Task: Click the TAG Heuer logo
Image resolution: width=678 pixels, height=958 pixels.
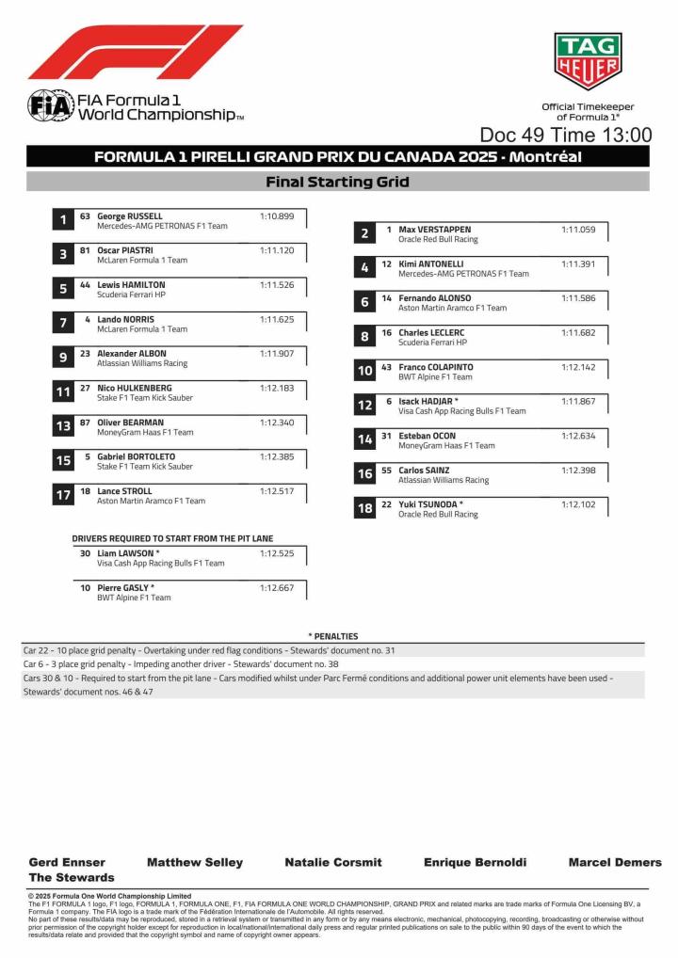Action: (588, 61)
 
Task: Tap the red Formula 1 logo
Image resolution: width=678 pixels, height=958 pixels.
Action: (135, 53)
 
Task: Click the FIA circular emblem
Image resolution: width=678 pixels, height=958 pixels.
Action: (50, 105)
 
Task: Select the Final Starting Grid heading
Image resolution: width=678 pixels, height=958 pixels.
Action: (337, 182)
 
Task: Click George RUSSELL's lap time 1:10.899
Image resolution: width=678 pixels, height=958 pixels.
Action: (277, 216)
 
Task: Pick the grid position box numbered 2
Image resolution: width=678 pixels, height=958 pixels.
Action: (364, 234)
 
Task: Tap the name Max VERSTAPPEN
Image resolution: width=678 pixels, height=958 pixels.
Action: (434, 230)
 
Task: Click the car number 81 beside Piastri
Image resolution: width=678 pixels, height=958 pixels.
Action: (85, 250)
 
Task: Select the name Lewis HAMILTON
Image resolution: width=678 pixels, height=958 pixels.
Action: (131, 284)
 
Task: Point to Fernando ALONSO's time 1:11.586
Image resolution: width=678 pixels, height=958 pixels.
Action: (578, 298)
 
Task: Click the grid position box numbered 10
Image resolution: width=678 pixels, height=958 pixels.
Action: (364, 372)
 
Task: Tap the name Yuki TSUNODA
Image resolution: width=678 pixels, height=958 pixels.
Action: (430, 504)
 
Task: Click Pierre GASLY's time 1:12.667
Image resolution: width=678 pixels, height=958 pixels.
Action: (277, 587)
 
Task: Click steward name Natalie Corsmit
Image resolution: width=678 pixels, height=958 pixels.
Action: (333, 862)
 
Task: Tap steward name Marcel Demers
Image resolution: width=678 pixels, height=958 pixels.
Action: (615, 862)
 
